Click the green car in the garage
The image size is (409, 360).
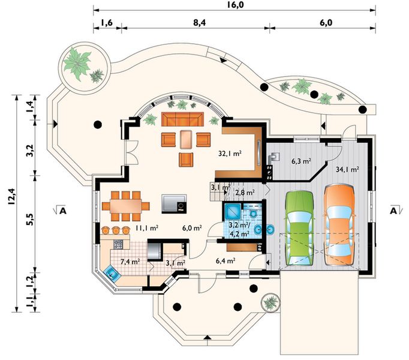click(300, 229)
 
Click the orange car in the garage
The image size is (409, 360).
click(339, 225)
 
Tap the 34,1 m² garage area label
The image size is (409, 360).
click(347, 169)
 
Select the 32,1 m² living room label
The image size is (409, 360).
click(230, 154)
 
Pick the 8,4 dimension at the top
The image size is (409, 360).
click(200, 23)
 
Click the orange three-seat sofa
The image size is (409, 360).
click(182, 119)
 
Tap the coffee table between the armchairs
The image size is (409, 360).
click(186, 139)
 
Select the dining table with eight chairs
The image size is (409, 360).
click(126, 206)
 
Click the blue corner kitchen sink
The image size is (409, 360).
click(112, 273)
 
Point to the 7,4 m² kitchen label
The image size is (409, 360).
click(130, 262)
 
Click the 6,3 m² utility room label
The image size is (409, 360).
click(301, 161)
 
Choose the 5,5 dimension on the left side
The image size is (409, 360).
click(30, 219)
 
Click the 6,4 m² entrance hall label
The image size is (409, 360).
click(226, 260)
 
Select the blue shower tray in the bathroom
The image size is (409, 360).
click(232, 211)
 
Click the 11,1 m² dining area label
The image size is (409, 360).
click(146, 228)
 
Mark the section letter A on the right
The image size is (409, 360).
click(393, 211)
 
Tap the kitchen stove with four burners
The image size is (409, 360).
click(118, 244)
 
